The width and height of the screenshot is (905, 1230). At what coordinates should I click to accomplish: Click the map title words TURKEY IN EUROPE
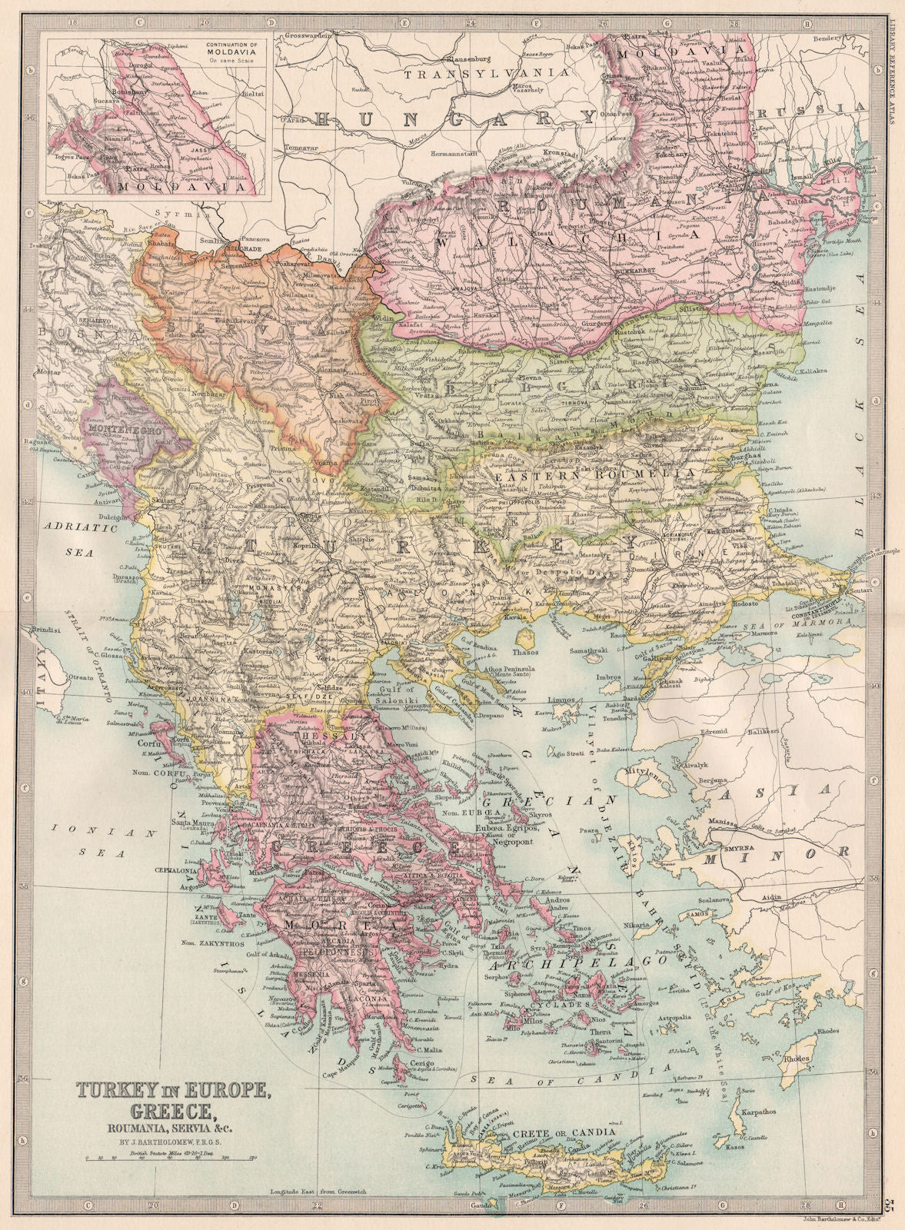point(172,1090)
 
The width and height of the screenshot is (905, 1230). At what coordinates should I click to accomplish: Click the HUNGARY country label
point(454,118)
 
